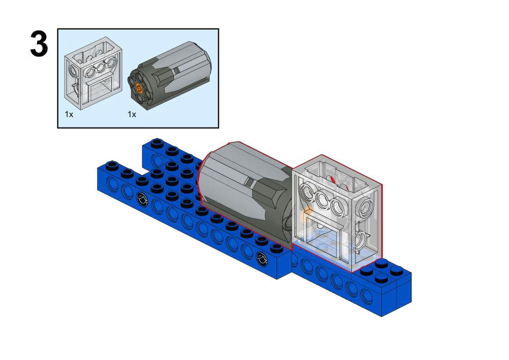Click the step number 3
pyautogui.click(x=39, y=44)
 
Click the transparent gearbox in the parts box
pyautogui.click(x=93, y=73)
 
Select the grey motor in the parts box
pyautogui.click(x=170, y=76)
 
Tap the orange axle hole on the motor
pyautogui.click(x=140, y=87)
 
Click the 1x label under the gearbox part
pyautogui.click(x=69, y=114)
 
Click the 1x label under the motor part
pyautogui.click(x=132, y=114)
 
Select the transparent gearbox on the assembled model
pyautogui.click(x=338, y=213)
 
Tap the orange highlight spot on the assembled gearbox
pyautogui.click(x=306, y=214)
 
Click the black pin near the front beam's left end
pyautogui.click(x=142, y=198)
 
